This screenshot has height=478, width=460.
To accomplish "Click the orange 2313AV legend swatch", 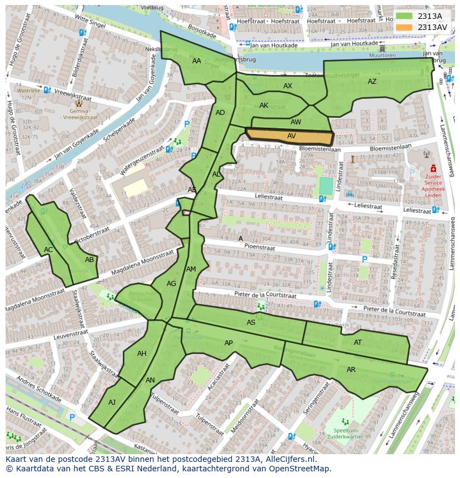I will point(405,27).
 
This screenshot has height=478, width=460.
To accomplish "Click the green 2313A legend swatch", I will point(405,16).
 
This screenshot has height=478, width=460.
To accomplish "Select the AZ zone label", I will point(372,82).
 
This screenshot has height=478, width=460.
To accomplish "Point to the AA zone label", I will point(197,61).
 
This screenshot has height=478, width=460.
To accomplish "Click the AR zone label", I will point(351,370).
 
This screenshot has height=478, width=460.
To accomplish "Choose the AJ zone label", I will point(112,402).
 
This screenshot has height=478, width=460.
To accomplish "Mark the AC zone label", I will point(48,250).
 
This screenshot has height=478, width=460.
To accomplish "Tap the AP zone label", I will point(229,343).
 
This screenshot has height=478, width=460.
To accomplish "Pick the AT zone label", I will point(358,343).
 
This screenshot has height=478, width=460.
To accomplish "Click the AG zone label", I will point(171,284).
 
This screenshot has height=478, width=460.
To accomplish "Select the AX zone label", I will point(288,86).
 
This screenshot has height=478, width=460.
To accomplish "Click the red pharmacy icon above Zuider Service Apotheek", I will point(432,168).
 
